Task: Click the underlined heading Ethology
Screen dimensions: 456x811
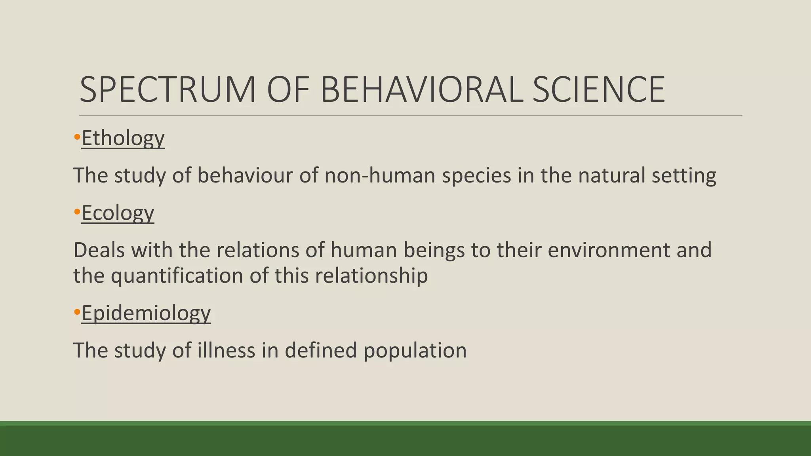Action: [x=123, y=138]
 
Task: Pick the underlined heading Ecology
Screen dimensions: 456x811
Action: [x=118, y=213]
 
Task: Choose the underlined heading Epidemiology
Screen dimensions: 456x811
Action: [x=146, y=313]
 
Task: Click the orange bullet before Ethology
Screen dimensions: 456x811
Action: [x=77, y=138]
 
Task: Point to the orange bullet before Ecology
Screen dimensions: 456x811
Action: [x=77, y=213]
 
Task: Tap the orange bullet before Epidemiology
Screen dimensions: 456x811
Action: [x=77, y=313]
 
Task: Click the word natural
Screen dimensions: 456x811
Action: [x=611, y=175]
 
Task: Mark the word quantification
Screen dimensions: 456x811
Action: [x=177, y=276]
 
